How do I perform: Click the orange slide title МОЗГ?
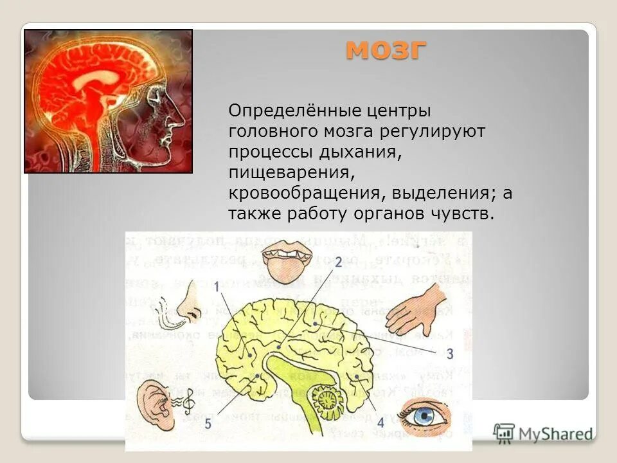[x=386, y=50]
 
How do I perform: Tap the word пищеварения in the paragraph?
[x=289, y=173]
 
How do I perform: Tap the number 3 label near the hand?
[x=450, y=353]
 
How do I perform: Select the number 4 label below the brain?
[x=380, y=422]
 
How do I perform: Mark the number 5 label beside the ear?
[x=208, y=423]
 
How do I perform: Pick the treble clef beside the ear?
[x=189, y=403]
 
